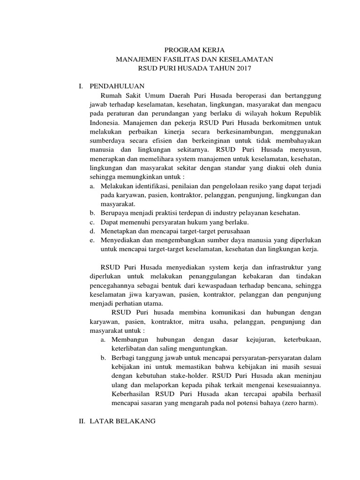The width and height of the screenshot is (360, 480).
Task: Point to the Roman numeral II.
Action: pyautogui.click(x=82, y=422)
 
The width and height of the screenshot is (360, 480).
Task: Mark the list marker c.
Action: pyautogui.click(x=92, y=222)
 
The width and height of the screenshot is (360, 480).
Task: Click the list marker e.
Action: pyautogui.click(x=92, y=240)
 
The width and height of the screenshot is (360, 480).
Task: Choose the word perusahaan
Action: pyautogui.click(x=232, y=231)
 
